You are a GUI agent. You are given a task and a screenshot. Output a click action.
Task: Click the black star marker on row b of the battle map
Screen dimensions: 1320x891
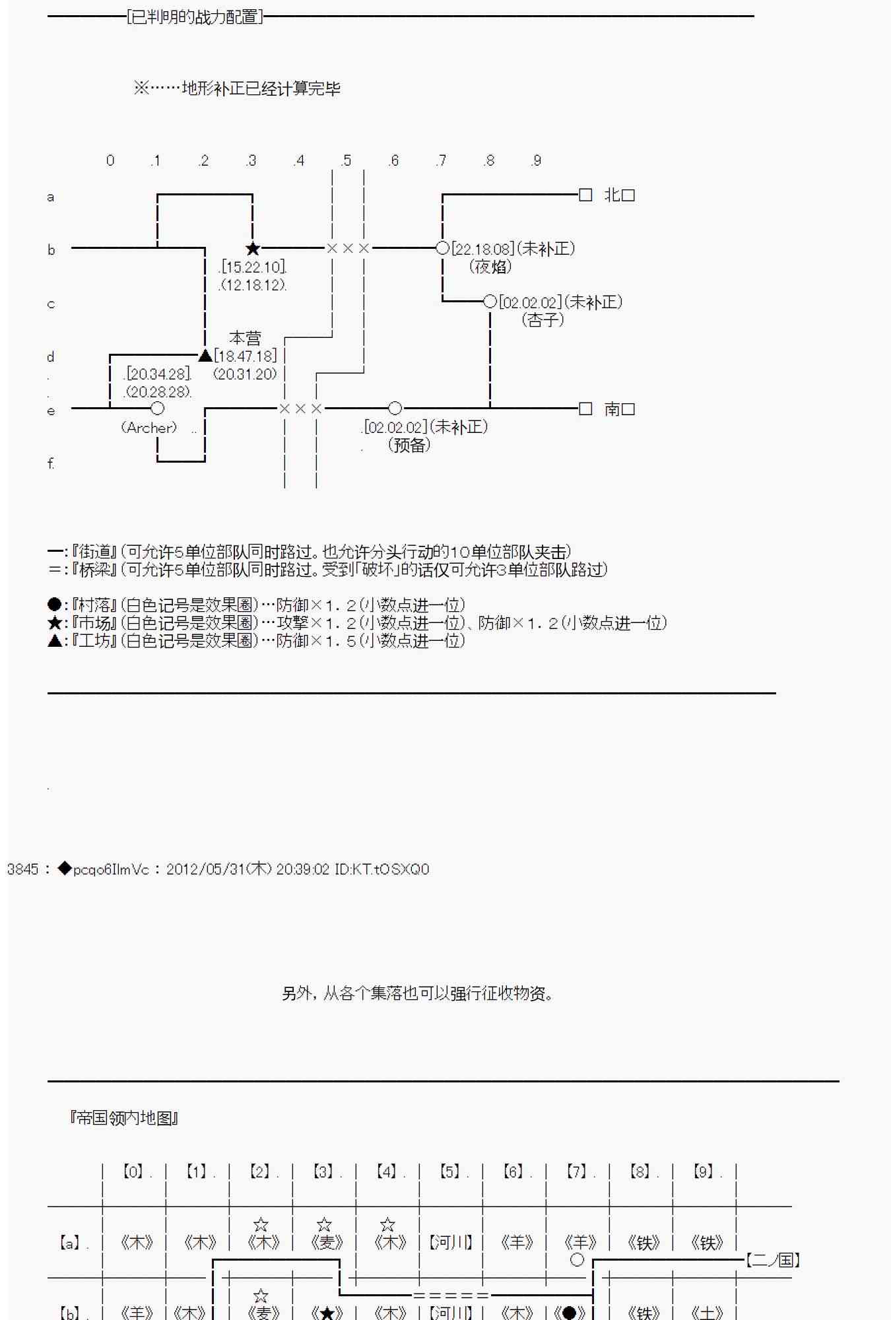coord(253,249)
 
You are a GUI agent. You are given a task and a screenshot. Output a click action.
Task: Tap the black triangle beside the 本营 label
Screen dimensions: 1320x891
coord(205,356)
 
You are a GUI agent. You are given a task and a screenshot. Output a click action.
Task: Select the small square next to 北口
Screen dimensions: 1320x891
coord(585,195)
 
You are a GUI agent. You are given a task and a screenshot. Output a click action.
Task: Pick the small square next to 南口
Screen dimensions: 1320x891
coord(585,409)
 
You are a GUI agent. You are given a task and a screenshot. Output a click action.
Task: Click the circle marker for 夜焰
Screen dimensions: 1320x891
coord(443,249)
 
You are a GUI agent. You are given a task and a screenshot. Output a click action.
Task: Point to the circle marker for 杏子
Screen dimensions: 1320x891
coord(490,302)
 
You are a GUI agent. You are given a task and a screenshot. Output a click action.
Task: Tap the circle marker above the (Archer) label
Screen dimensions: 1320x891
coord(157,409)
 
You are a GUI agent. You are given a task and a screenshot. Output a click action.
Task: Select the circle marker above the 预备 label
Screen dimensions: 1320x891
coord(395,409)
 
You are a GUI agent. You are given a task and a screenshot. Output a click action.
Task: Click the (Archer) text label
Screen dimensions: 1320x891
coord(149,428)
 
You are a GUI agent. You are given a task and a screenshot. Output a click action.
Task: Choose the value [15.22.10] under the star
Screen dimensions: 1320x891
coord(253,267)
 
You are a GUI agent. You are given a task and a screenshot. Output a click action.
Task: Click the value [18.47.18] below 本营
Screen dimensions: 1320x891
coord(246,356)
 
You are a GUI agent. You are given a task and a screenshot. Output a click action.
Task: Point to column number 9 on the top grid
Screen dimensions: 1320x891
coord(537,160)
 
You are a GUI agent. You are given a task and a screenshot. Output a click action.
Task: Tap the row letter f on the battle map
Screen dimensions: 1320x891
coord(51,463)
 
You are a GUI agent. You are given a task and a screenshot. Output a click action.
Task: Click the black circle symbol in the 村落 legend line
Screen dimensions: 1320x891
coord(55,605)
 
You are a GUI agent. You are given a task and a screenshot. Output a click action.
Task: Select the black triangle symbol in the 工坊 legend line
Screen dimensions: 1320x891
coord(55,641)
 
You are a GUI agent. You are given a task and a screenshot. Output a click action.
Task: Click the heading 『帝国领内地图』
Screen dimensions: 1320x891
coord(124,1118)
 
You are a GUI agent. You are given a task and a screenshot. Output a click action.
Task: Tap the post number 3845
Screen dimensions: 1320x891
coord(23,869)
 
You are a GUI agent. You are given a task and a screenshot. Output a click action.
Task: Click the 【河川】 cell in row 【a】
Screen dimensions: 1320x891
coord(451,1243)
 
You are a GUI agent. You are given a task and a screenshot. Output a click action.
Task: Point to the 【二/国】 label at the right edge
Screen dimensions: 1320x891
coord(773,1260)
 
